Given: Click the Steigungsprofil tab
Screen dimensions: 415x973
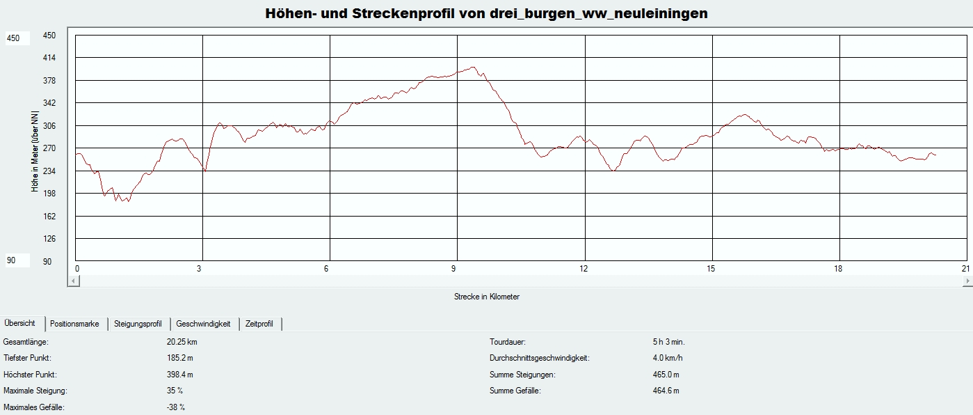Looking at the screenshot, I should [139, 324].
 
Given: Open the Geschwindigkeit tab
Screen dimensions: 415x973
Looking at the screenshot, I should [203, 324].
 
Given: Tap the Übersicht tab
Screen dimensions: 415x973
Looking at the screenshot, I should [20, 323].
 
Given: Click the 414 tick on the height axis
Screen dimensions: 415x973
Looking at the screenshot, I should [49, 58].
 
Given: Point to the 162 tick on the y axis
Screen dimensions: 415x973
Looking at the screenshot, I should [49, 216].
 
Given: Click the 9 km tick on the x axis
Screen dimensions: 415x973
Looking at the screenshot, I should [454, 269].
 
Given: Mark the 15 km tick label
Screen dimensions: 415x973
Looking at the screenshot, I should [711, 269].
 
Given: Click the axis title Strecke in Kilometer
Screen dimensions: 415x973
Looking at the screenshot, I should [486, 297].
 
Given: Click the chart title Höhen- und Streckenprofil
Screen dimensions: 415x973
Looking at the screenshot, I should [486, 14].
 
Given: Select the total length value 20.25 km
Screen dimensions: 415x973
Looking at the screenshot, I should [182, 342].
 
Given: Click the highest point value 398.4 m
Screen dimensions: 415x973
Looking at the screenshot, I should [180, 375].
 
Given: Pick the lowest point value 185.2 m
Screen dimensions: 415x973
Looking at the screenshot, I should [180, 358].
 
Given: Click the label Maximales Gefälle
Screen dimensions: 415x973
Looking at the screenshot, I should [34, 407].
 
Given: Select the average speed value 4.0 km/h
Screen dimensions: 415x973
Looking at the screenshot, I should [664, 358].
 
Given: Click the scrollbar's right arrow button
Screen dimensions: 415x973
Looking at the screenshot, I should [967, 281].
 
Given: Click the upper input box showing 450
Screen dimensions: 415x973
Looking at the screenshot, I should [17, 39].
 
